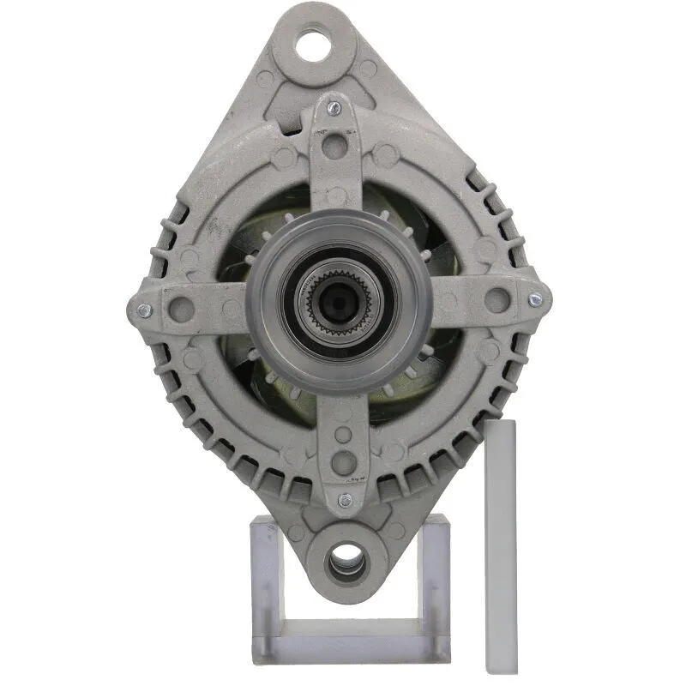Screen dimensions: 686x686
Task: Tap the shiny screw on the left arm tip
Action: (x=143, y=310)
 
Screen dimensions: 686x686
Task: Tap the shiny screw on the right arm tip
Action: (x=536, y=299)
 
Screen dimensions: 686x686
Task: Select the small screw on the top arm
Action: (x=334, y=108)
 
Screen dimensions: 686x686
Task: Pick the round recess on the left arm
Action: (x=180, y=307)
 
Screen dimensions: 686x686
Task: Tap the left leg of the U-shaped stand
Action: (x=264, y=583)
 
